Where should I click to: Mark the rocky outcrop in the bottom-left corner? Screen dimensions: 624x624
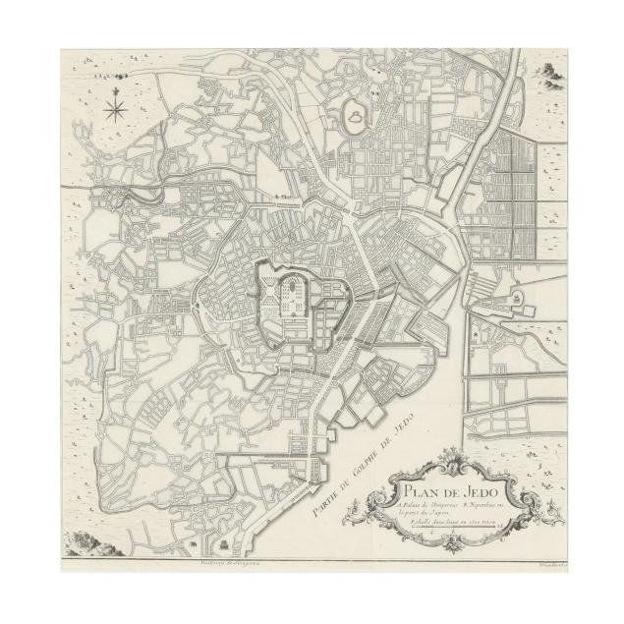point(90,539)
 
